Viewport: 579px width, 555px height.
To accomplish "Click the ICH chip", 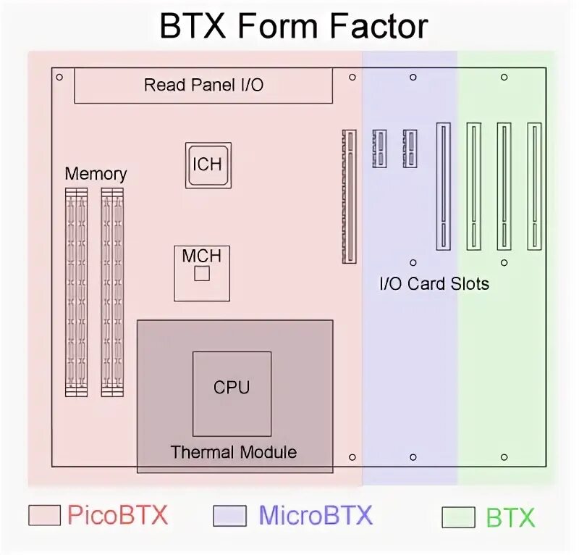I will [x=208, y=165].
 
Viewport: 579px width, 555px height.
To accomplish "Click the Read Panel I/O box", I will [x=203, y=85].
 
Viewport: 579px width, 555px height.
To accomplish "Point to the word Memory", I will [x=96, y=174].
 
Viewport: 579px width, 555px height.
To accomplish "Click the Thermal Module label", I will [x=233, y=453].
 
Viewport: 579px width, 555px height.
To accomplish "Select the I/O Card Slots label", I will [x=434, y=283].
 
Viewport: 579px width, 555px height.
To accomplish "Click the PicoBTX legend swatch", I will [x=45, y=515].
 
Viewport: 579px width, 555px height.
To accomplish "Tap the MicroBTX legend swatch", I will [x=230, y=516].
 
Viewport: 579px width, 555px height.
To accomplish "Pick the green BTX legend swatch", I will [x=458, y=517].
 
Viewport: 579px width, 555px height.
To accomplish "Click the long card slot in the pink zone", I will [x=350, y=196].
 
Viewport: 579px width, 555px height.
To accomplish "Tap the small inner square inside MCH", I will [x=202, y=273].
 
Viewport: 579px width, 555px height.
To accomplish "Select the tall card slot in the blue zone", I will [x=443, y=187].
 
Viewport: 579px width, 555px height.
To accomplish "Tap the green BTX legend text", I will [x=510, y=517].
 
